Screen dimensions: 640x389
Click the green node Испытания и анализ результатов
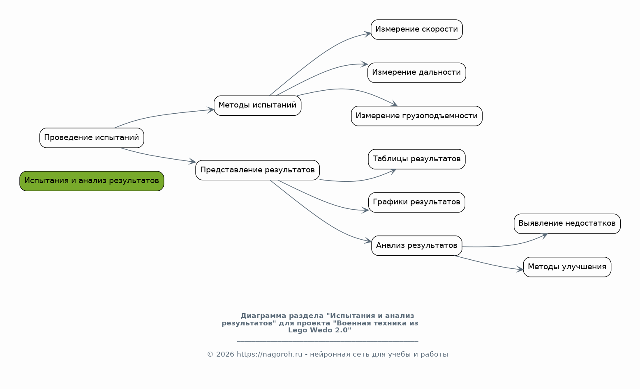(x=92, y=181)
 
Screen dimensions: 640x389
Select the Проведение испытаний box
(x=92, y=138)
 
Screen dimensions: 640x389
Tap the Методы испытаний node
(x=257, y=105)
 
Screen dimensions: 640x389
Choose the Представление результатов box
(x=257, y=170)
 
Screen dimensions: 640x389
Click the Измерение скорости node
(x=416, y=30)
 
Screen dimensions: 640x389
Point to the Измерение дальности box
(x=416, y=73)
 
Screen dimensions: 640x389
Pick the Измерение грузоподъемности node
(x=416, y=116)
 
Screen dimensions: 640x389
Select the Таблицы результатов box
(x=416, y=159)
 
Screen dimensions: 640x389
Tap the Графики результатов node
(x=416, y=202)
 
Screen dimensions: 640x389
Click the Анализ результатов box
(x=416, y=245)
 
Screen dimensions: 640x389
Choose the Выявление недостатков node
(x=567, y=224)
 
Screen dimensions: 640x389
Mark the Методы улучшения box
(x=567, y=267)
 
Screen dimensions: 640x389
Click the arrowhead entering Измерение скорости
(x=367, y=34)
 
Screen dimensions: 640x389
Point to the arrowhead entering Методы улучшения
(x=520, y=270)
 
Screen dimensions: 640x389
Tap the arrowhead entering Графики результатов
(x=365, y=210)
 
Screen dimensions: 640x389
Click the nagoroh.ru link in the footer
(x=269, y=354)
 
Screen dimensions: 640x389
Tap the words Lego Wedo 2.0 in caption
(x=319, y=330)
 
